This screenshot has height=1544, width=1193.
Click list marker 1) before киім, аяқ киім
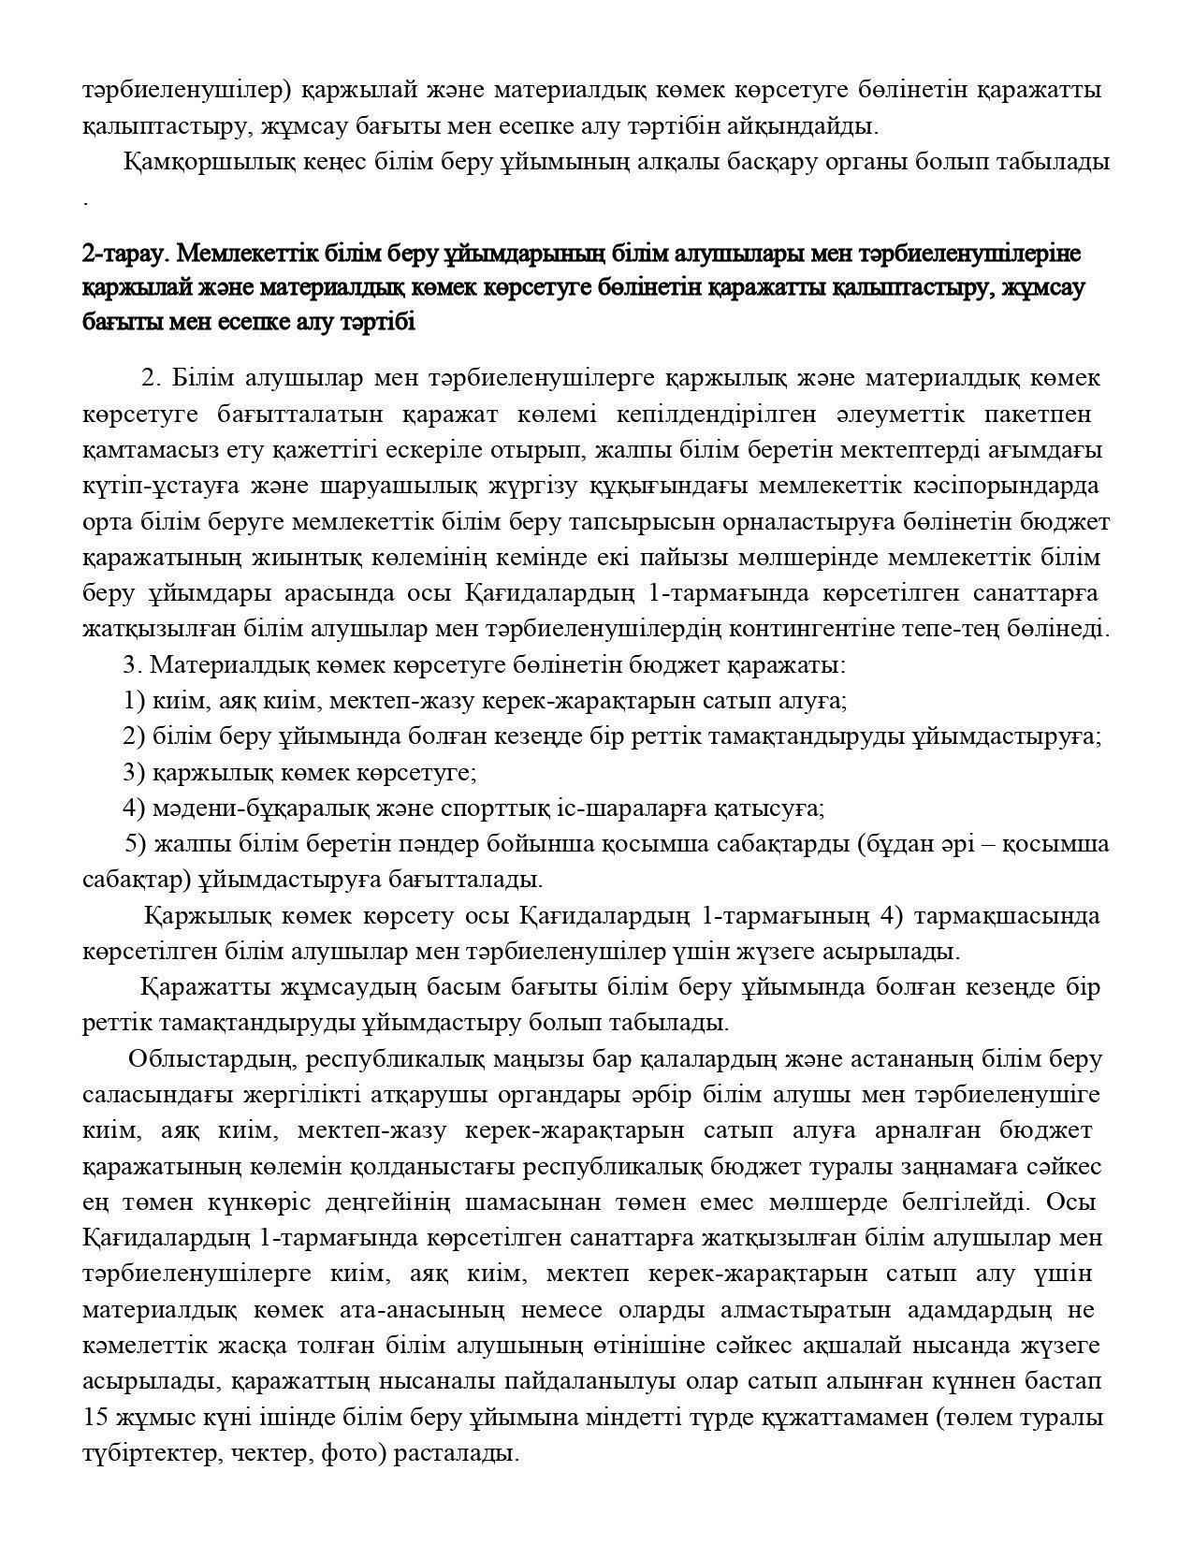(x=134, y=700)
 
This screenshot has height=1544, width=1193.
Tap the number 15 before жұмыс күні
(x=95, y=1418)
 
